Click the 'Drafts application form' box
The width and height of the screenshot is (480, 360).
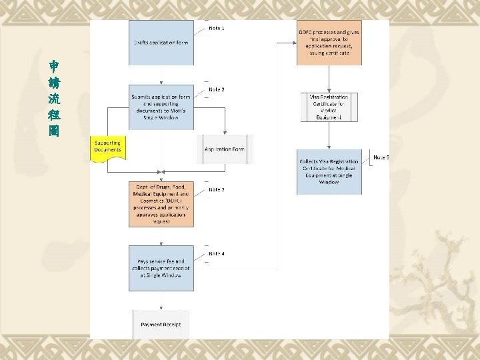point(161,43)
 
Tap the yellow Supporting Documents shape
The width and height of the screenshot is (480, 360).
point(108,147)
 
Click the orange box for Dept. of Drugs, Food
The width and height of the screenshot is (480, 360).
point(161,203)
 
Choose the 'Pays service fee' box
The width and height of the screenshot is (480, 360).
point(161,268)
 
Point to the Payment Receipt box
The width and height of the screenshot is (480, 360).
point(161,324)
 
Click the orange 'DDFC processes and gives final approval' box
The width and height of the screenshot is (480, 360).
point(329,43)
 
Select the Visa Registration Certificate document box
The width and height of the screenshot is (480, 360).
point(329,107)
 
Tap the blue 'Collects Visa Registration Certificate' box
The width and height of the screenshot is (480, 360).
point(329,172)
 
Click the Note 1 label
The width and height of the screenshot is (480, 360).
point(217,29)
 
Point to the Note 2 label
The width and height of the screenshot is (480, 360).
point(217,89)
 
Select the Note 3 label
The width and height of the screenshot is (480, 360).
point(217,190)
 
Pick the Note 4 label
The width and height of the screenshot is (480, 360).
point(217,254)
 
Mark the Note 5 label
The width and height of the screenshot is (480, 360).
point(381,157)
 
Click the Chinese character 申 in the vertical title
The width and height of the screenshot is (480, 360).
point(54,67)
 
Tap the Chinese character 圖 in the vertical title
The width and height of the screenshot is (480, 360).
point(54,131)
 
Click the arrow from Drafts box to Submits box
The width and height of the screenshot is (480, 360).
point(161,75)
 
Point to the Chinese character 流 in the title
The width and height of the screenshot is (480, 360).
point(54,99)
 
